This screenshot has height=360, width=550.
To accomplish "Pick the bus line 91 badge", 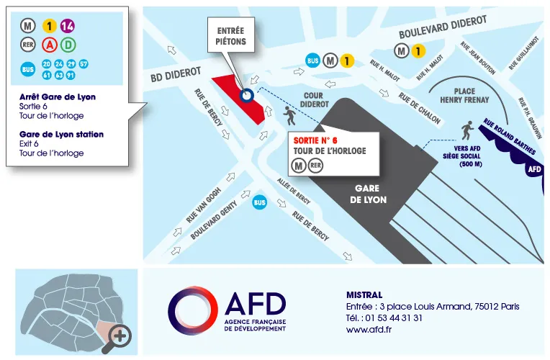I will click(x=70, y=75).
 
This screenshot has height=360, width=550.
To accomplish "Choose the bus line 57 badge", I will click(x=83, y=65).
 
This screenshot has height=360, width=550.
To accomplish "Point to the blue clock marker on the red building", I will click(x=247, y=95).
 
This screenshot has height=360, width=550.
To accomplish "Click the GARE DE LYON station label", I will click(x=368, y=194).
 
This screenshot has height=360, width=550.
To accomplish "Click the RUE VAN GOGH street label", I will click(x=204, y=205).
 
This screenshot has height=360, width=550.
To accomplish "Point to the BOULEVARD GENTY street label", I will click(x=215, y=220).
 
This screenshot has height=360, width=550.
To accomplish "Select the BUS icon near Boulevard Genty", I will click(x=259, y=204).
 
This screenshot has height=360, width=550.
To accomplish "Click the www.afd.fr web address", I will click(x=369, y=330).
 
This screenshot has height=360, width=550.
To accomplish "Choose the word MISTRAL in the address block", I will click(x=364, y=294).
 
